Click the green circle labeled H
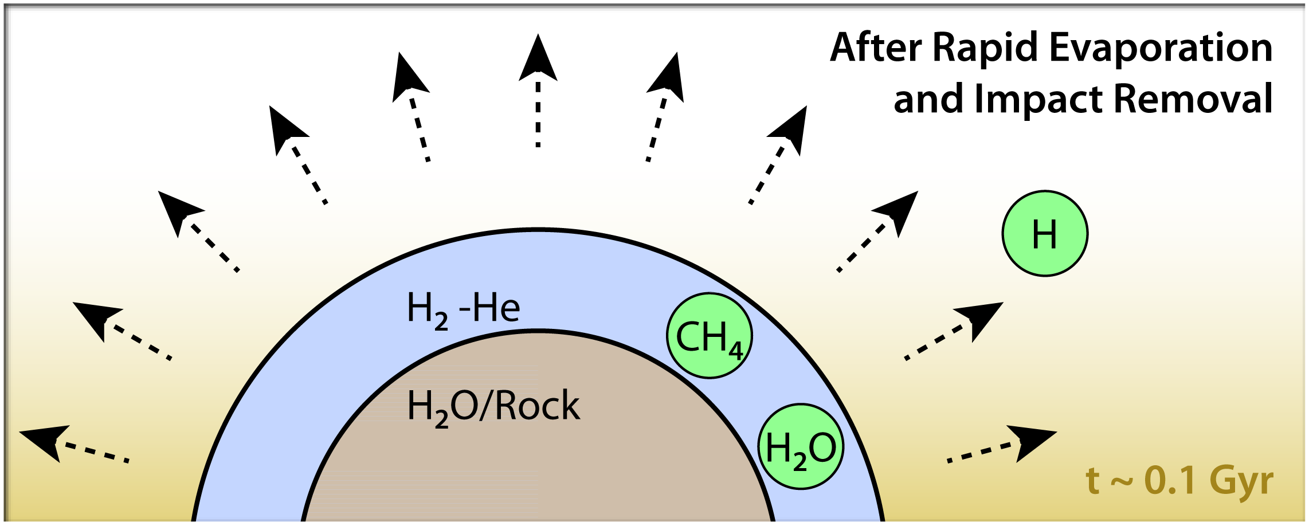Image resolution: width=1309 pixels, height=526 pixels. pos(1044,234)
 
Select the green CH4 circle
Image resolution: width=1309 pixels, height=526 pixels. pos(709,336)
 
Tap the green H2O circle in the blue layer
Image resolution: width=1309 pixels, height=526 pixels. pos(801,447)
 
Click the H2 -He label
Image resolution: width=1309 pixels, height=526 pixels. pos(463,309)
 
